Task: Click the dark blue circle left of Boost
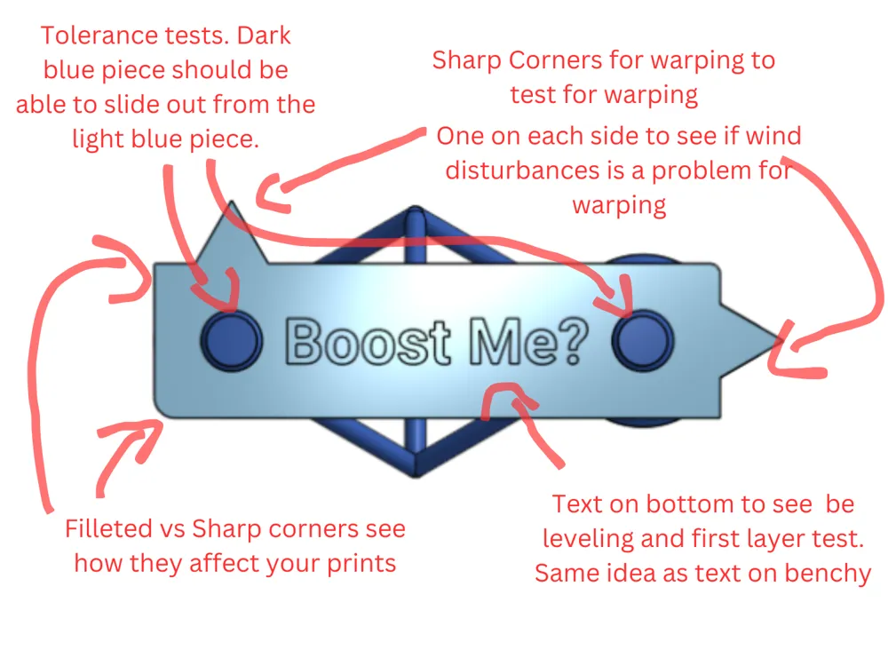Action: (x=232, y=340)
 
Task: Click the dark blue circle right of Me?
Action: (x=643, y=340)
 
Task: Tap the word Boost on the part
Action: (x=368, y=342)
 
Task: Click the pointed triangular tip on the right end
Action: (x=783, y=340)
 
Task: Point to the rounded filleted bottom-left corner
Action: (x=160, y=411)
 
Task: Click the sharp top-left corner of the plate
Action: (x=154, y=264)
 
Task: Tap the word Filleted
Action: (x=108, y=528)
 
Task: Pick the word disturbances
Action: (x=523, y=170)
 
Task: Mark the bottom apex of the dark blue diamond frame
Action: (x=416, y=474)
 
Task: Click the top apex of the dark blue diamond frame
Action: (x=415, y=209)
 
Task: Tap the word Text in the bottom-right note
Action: (x=577, y=503)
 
